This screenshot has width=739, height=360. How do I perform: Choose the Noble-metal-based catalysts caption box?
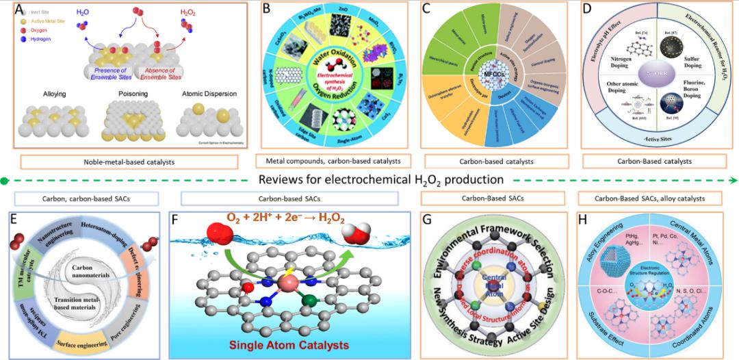click(x=129, y=162)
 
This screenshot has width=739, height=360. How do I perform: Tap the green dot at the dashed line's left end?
click(x=5, y=181)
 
